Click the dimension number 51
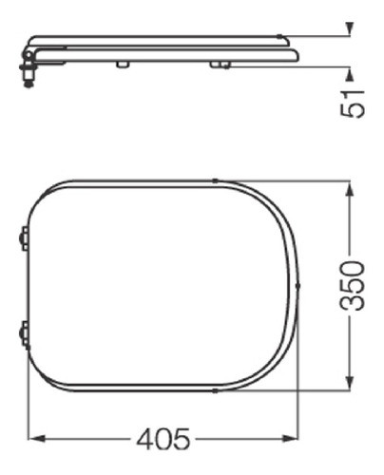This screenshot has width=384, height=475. point(354,98)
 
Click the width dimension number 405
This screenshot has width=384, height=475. point(163,439)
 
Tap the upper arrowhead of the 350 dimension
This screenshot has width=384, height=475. point(354,186)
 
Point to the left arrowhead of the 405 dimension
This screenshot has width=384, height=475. point(36,439)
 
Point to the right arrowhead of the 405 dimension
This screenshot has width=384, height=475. point(294,439)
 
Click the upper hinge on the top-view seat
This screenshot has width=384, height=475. point(24,237)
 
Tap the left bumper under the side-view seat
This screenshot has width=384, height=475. point(122,65)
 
